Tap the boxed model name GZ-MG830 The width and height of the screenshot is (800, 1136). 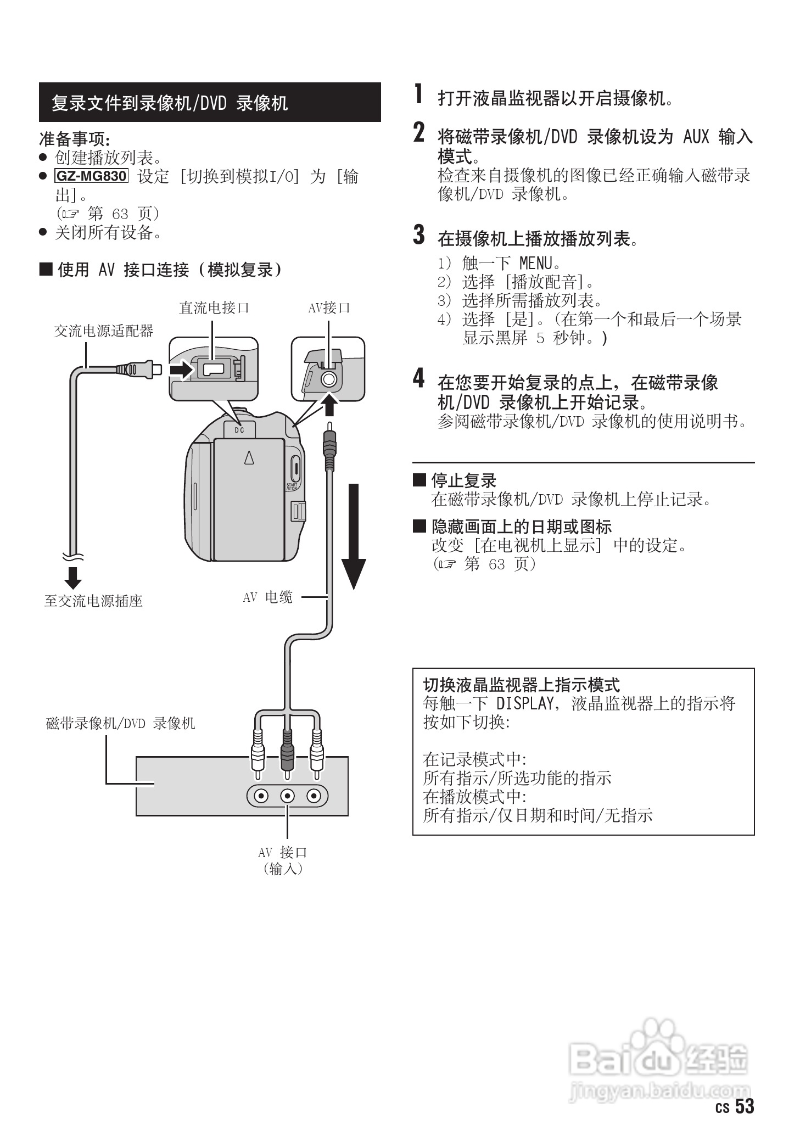click(92, 176)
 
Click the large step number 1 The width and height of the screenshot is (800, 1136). click(419, 94)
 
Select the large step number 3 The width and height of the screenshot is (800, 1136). click(419, 234)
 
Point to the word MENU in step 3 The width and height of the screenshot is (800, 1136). click(535, 264)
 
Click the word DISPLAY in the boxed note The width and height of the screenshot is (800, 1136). click(524, 704)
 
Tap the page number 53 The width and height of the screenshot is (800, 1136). click(745, 1106)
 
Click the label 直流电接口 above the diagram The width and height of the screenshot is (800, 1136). click(214, 308)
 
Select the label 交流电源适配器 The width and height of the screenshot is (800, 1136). click(103, 331)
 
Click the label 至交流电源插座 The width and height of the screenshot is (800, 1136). click(93, 601)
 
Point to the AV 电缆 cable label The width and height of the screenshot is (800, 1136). click(267, 597)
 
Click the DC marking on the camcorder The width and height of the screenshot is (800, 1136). click(239, 430)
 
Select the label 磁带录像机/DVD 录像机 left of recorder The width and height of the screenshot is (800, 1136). click(120, 724)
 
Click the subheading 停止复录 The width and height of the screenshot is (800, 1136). click(463, 481)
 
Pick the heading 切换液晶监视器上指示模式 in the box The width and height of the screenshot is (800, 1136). click(521, 685)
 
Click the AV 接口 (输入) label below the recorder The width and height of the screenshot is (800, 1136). click(283, 860)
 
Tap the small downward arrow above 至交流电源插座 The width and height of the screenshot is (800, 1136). click(72, 578)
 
